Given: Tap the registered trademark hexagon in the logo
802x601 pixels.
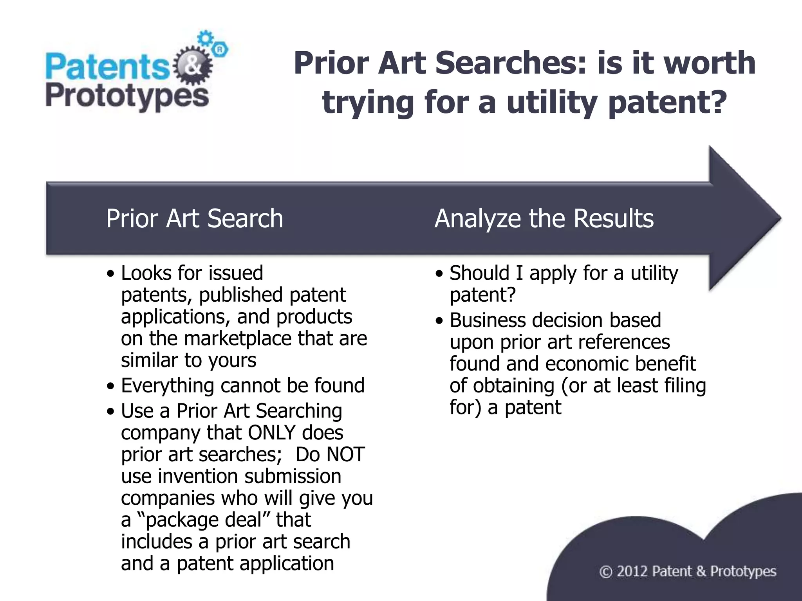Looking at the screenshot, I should pyautogui.click(x=220, y=50).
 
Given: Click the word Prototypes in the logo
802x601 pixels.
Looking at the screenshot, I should pyautogui.click(x=127, y=97).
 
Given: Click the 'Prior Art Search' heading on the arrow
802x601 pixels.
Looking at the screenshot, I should pyautogui.click(x=194, y=218).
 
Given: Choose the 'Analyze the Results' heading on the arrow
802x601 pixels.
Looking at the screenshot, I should pyautogui.click(x=544, y=218).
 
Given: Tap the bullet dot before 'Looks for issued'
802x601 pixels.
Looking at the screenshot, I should pyautogui.click(x=111, y=274).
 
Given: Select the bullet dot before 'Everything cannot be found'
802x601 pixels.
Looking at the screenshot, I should pyautogui.click(x=111, y=387).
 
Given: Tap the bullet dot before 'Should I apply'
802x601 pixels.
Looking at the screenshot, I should pyautogui.click(x=440, y=274).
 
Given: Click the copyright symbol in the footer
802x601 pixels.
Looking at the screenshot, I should pyautogui.click(x=605, y=572).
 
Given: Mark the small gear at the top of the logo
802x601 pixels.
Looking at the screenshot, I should pyautogui.click(x=205, y=38).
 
